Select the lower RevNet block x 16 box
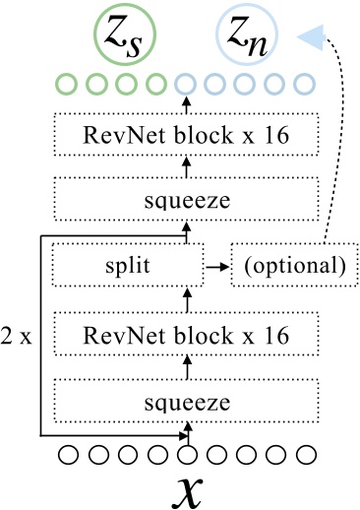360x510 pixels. point(186,337)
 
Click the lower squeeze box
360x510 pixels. point(186,401)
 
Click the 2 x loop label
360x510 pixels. point(18,336)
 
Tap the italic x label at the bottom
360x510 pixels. point(186,489)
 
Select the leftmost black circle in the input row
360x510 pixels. point(67,455)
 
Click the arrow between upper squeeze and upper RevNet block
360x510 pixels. point(186,168)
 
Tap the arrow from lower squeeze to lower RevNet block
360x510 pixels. point(186,368)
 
